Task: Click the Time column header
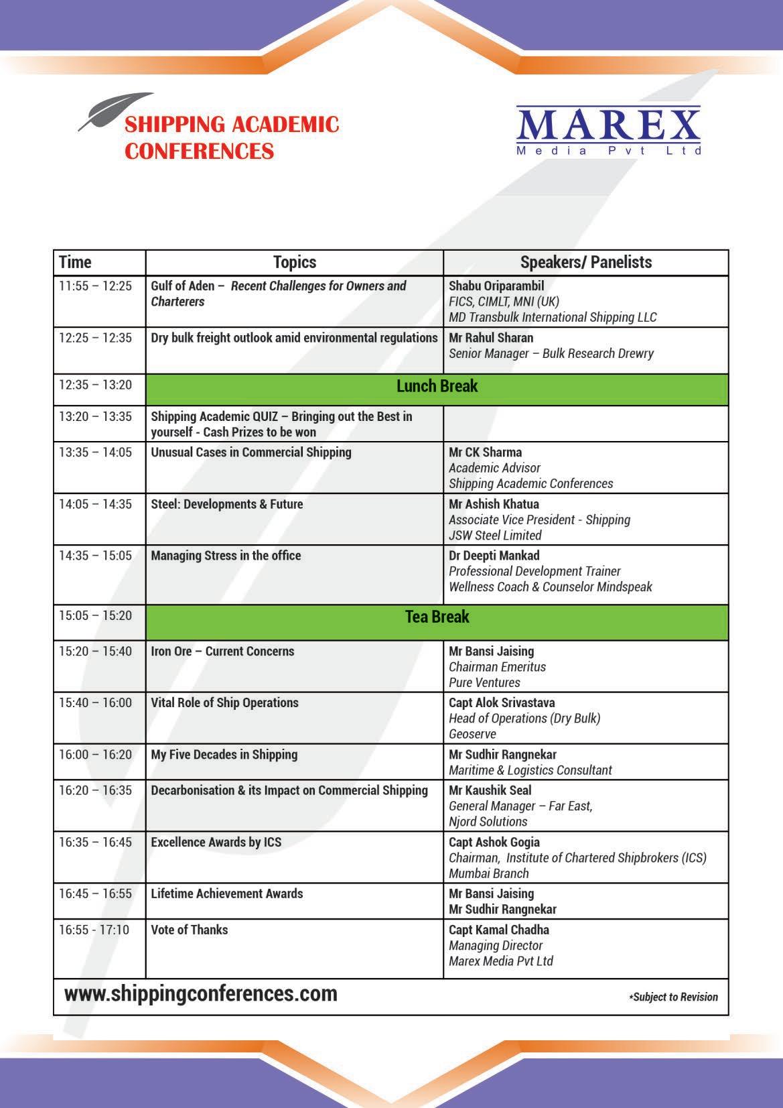click(x=75, y=262)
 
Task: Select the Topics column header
click(x=294, y=262)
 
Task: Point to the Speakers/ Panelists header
click(x=585, y=262)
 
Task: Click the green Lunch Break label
click(x=437, y=386)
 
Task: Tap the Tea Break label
click(x=437, y=617)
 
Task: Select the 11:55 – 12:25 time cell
click(x=95, y=286)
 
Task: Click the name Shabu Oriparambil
click(x=496, y=286)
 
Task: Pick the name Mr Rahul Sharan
click(x=491, y=338)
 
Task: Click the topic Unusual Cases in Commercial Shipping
click(x=251, y=452)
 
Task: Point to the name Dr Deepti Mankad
click(x=494, y=556)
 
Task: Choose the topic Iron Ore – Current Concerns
click(x=222, y=652)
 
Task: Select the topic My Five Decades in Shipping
click(x=224, y=755)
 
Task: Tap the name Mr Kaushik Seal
click(x=490, y=791)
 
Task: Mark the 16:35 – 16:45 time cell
click(x=95, y=843)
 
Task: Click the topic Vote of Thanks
click(x=189, y=930)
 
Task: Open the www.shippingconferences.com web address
click(x=201, y=993)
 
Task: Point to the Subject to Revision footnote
click(x=673, y=997)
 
